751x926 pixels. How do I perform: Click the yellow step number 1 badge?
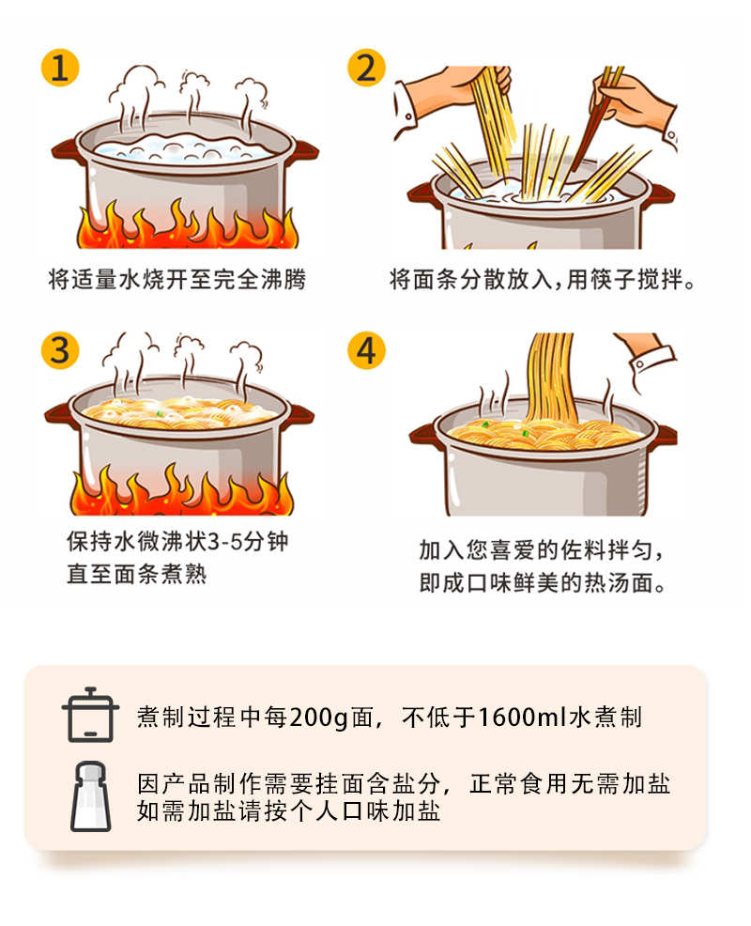[60, 68]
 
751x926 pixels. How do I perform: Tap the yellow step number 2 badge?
[366, 68]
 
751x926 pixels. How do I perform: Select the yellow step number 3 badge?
[60, 350]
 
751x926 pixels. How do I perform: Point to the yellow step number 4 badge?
[366, 350]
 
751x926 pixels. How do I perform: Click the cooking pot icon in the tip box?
[90, 715]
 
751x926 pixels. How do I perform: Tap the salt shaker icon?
[90, 796]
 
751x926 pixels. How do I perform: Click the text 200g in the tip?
[319, 718]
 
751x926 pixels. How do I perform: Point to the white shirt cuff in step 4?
[652, 362]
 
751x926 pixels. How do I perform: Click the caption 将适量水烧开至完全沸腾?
[177, 279]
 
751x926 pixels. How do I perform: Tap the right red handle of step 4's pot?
[665, 436]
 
